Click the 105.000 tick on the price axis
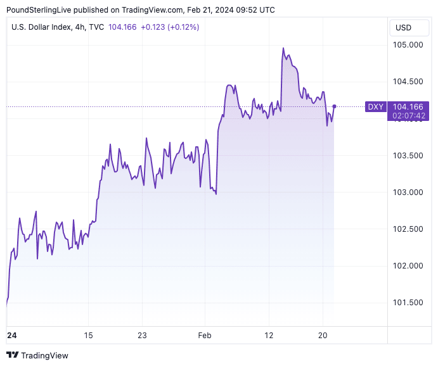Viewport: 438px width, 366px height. click(408, 45)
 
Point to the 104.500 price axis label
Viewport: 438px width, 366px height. click(408, 82)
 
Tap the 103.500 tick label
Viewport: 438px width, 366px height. click(408, 156)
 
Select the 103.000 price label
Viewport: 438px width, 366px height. click(408, 192)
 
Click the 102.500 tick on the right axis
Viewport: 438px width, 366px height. click(408, 229)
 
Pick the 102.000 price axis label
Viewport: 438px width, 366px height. click(408, 266)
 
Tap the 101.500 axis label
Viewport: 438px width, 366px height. click(408, 303)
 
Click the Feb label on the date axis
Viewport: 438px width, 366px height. click(205, 335)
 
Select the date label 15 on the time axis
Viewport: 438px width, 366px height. click(88, 335)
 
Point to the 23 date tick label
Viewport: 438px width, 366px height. click(142, 335)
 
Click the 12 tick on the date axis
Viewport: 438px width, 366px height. click(269, 335)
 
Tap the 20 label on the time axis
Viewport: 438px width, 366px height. click(323, 335)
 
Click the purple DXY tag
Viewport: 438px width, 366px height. click(376, 107)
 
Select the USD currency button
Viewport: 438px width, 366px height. click(403, 27)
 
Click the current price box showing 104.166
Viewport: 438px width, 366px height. click(408, 107)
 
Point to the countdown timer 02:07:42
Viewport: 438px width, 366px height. click(408, 116)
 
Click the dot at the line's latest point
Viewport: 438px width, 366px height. click(334, 106)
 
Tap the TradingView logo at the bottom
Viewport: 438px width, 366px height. click(37, 355)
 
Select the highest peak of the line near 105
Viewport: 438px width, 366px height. click(283, 48)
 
